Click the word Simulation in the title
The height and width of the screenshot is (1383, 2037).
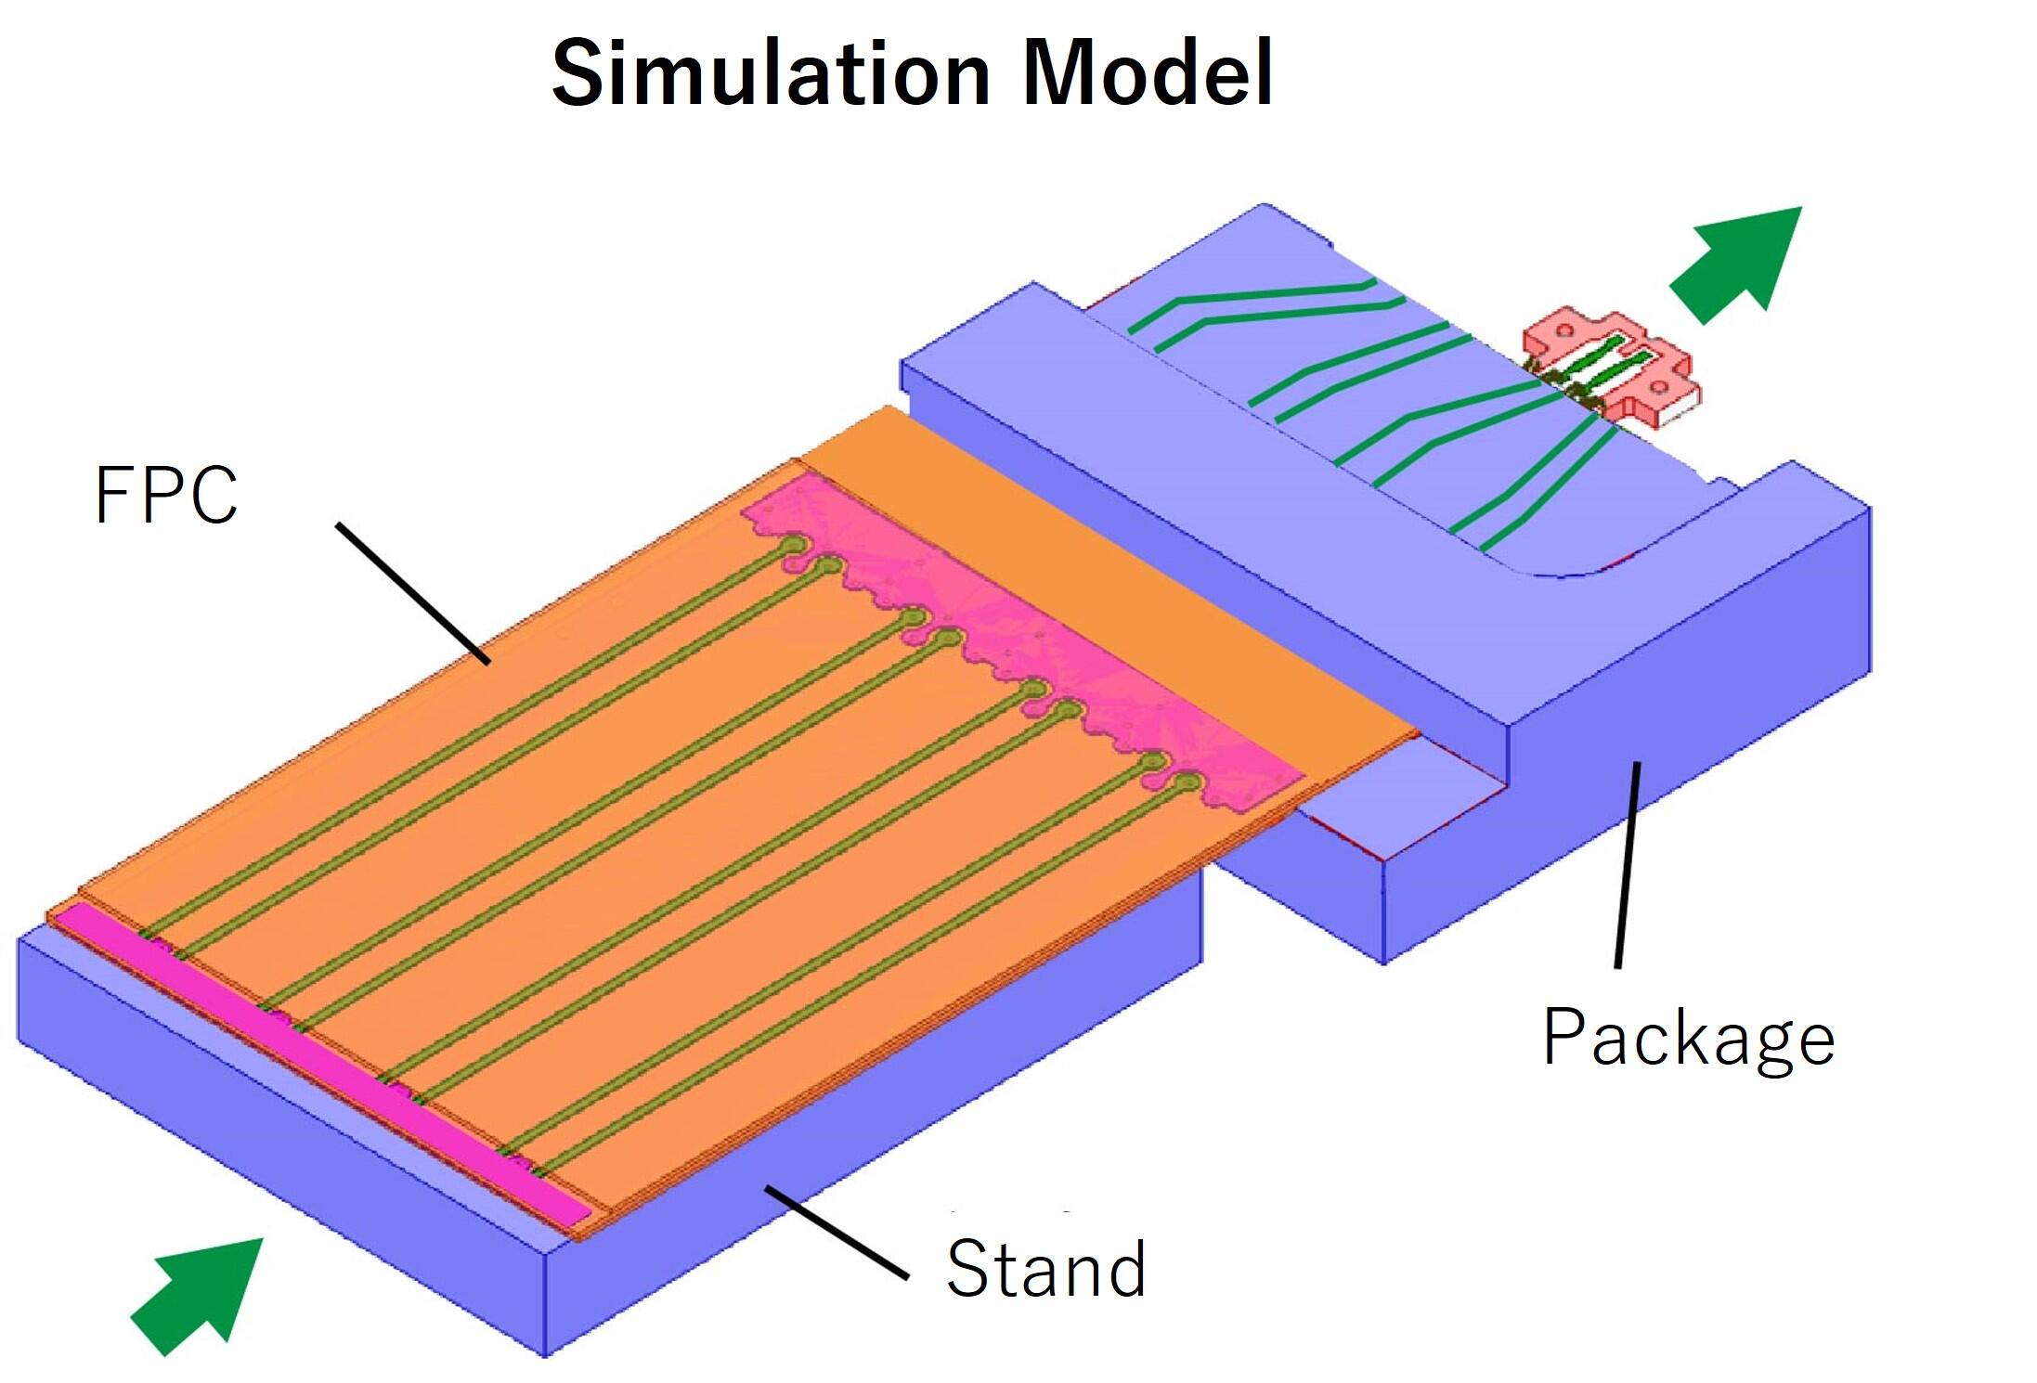771,74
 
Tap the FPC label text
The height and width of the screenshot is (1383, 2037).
166,495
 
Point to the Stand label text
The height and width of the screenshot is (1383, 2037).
1046,1268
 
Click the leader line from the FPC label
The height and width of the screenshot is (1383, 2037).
413,594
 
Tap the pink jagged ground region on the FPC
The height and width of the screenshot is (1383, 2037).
1021,650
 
